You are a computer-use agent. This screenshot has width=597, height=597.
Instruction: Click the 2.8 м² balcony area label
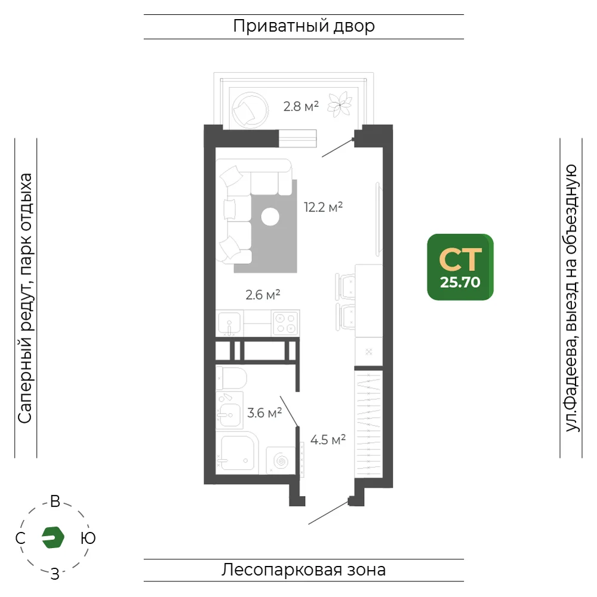tap(301, 106)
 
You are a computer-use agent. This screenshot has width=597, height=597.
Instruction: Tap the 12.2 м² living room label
tap(323, 207)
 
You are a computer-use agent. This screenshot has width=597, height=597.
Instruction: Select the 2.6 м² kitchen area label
tap(263, 295)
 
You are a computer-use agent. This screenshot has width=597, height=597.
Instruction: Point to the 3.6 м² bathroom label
tap(264, 413)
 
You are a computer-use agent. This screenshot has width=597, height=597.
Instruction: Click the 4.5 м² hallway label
tap(328, 440)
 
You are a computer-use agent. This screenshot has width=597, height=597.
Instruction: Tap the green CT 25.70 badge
tap(460, 267)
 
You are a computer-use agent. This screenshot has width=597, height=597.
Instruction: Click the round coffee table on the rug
tap(270, 217)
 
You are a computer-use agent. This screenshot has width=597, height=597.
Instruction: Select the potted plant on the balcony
tap(340, 104)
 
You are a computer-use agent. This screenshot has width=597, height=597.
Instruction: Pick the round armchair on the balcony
tap(250, 109)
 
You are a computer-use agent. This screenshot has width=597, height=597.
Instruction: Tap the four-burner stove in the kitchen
tap(285, 323)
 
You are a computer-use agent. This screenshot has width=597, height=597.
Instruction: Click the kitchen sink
tap(229, 324)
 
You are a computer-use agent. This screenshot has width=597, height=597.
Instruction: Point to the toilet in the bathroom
tap(231, 378)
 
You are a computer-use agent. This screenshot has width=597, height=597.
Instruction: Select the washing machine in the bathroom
tap(281, 460)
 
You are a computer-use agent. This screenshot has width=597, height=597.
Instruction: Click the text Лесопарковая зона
tap(304, 570)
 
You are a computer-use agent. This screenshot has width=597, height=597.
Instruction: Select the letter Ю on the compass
tap(88, 538)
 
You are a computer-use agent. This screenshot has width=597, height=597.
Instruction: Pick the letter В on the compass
tap(55, 501)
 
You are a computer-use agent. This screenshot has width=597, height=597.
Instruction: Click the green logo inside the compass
tap(53, 538)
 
